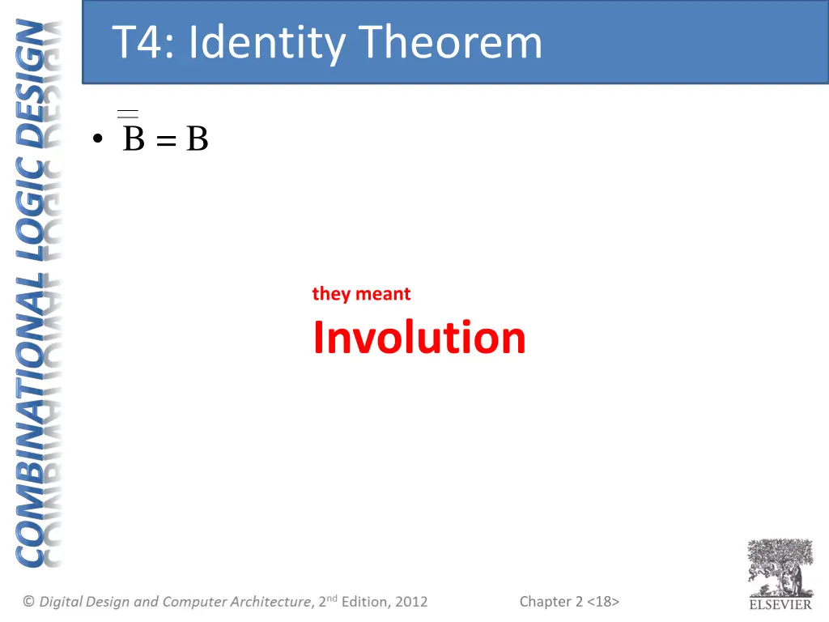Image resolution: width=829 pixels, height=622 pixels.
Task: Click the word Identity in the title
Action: pos(266,42)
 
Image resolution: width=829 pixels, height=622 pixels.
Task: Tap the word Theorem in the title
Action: pos(450,42)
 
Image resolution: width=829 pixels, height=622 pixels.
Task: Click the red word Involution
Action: pos(419,338)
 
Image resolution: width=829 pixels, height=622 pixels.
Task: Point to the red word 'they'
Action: pos(330,294)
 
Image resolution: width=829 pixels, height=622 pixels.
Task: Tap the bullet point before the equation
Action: pos(98,140)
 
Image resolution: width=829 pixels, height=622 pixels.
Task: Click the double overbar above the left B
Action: pos(128,113)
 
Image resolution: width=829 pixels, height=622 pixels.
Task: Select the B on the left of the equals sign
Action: pos(134,139)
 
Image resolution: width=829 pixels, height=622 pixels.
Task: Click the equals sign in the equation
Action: pos(166,141)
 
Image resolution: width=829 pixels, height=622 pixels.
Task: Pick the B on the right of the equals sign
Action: pos(198,139)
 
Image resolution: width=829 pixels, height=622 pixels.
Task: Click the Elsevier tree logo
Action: pos(780,568)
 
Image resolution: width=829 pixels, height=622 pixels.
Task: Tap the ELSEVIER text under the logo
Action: pos(780,604)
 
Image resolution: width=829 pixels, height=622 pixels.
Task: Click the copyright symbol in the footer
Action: pos(29,601)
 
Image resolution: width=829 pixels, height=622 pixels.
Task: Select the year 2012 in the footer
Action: pos(411,601)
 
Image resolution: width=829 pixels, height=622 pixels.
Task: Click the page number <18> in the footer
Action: pos(603,601)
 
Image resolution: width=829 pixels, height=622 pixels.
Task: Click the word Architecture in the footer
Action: pos(270,601)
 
